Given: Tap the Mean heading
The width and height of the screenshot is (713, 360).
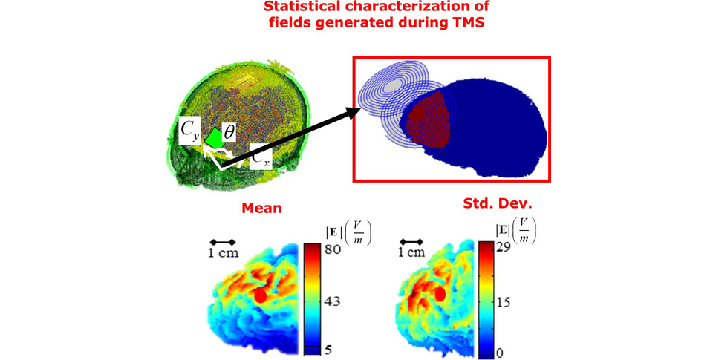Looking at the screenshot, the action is (x=261, y=208).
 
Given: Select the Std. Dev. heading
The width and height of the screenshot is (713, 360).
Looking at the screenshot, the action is (x=498, y=203).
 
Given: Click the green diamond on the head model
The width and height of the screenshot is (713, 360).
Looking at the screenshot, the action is (x=212, y=138).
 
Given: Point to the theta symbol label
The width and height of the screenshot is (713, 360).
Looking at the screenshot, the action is (x=229, y=133).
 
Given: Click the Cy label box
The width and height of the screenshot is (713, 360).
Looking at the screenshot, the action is (x=189, y=131).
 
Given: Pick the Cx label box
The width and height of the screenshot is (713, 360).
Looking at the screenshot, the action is (x=261, y=157).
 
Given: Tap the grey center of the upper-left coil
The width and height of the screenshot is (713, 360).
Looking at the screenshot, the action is (x=392, y=86).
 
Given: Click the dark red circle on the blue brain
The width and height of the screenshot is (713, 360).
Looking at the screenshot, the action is (x=417, y=112).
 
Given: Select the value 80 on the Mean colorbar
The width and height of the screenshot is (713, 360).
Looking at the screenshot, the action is (x=333, y=249).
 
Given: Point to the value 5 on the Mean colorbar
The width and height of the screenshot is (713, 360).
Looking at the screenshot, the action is (x=328, y=350).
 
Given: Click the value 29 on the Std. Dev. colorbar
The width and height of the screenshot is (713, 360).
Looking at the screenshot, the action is (x=503, y=247).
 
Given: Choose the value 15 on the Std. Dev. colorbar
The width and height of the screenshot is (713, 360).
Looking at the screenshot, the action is (x=503, y=301).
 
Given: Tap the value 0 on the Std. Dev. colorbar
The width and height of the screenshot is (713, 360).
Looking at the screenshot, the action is (x=499, y=353).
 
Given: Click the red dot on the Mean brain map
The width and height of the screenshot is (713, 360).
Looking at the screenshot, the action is (x=261, y=295).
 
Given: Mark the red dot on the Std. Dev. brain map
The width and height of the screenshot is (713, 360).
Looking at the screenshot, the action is (x=440, y=294).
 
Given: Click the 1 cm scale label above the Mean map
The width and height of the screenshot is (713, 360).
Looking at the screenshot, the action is (x=224, y=252).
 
